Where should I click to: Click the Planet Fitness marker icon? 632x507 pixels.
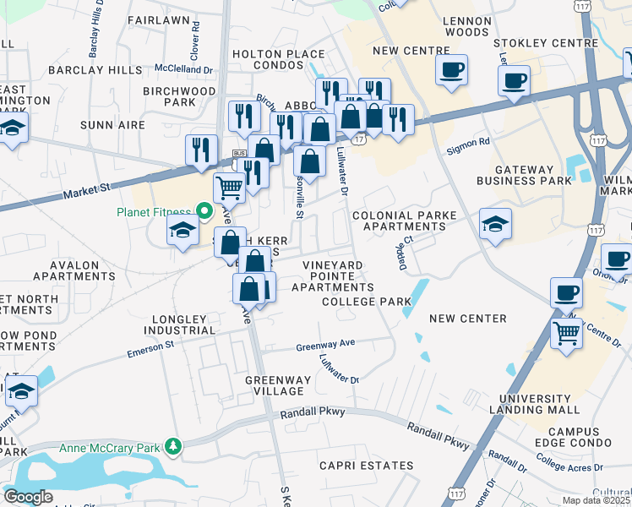[204, 210]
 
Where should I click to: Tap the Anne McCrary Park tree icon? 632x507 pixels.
[173, 445]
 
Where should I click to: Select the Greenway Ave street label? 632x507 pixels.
[325, 346]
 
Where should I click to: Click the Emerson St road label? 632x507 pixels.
[150, 348]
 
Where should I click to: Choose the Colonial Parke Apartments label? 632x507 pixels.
[404, 221]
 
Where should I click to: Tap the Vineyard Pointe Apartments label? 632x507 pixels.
[333, 276]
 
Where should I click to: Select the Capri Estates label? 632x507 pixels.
[366, 466]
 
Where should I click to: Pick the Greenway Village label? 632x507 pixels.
[274, 385]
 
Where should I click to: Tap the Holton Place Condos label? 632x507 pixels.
[278, 60]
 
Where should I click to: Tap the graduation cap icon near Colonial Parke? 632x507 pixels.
[495, 223]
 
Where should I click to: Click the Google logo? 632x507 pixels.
[29, 497]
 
